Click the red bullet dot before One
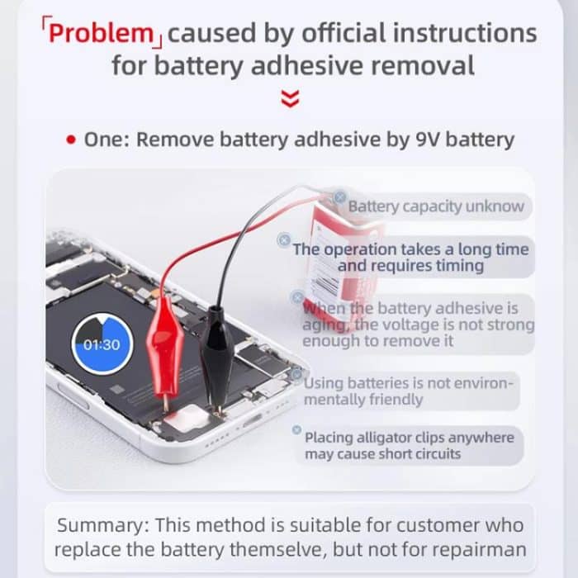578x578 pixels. pyautogui.click(x=72, y=140)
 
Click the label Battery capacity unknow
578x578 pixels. pyautogui.click(x=436, y=206)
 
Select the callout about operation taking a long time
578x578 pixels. pyautogui.click(x=410, y=257)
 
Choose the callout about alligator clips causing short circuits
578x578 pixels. pyautogui.click(x=409, y=446)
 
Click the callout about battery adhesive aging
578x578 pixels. pyautogui.click(x=417, y=325)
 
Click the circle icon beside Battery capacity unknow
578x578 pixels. pyautogui.click(x=339, y=197)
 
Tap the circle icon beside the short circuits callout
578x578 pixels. pyautogui.click(x=296, y=431)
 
